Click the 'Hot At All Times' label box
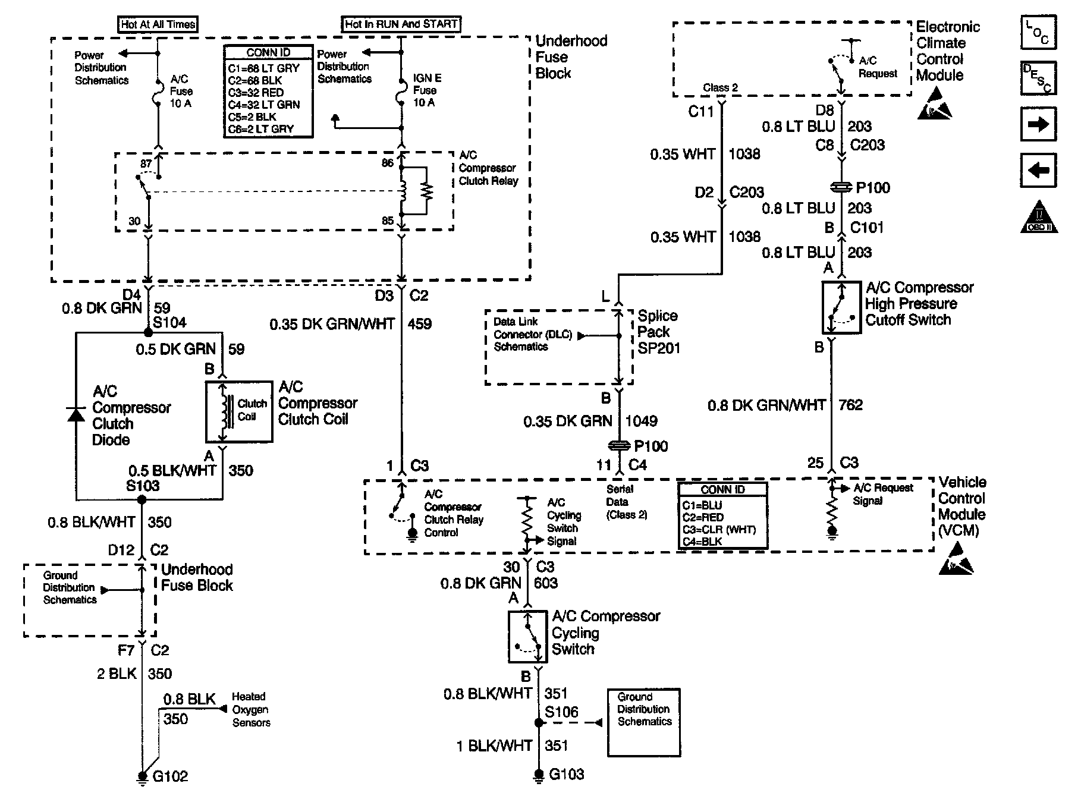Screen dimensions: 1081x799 [x=158, y=24]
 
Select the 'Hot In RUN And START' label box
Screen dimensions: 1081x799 [x=401, y=24]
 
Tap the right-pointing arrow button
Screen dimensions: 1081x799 [x=1038, y=124]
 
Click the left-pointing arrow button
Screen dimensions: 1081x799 [x=1038, y=171]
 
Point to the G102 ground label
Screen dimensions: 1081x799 [x=170, y=776]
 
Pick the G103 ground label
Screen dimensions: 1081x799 [x=566, y=774]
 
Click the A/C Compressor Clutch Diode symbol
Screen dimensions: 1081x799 [x=76, y=414]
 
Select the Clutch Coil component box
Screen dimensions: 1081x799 [x=239, y=411]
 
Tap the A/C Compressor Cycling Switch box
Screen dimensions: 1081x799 [x=527, y=636]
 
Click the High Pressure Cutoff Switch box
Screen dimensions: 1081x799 [x=841, y=307]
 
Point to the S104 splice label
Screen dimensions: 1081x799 [x=169, y=323]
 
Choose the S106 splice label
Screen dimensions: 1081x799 [x=561, y=712]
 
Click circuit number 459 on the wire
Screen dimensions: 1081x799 [x=420, y=324]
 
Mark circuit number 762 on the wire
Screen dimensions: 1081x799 [x=850, y=405]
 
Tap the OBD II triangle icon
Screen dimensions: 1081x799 [x=1039, y=216]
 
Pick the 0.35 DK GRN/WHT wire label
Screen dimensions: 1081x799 [x=332, y=324]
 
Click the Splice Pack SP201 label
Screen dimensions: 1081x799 [x=658, y=332]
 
